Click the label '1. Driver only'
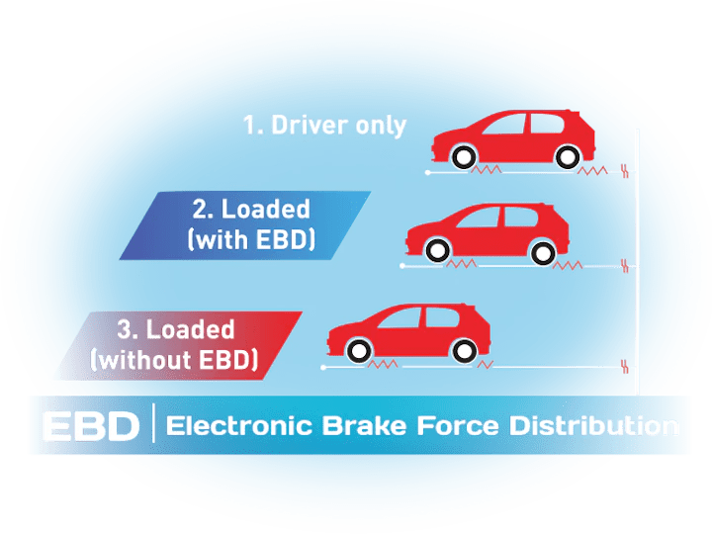click(325, 126)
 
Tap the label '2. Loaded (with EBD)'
click(251, 223)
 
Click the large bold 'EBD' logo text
click(90, 426)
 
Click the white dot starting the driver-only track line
click(427, 172)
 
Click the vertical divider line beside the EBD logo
click(153, 424)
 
